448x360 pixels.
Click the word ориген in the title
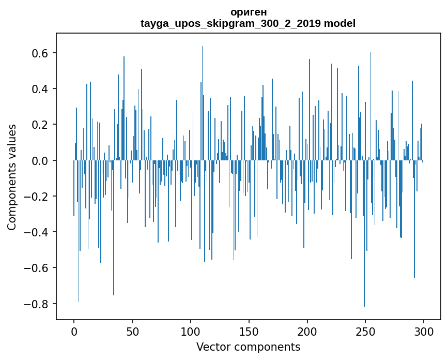click(x=248, y=12)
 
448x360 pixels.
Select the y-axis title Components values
click(x=12, y=177)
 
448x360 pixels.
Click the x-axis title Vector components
click(x=248, y=347)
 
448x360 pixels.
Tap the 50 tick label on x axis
click(x=132, y=331)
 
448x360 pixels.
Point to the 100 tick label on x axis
click(x=191, y=331)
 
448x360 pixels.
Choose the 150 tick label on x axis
click(x=249, y=331)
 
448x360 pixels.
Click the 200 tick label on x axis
click(x=307, y=331)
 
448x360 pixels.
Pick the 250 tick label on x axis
click(x=365, y=331)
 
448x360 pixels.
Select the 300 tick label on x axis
click(x=424, y=331)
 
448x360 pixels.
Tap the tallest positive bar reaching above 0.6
click(x=202, y=103)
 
